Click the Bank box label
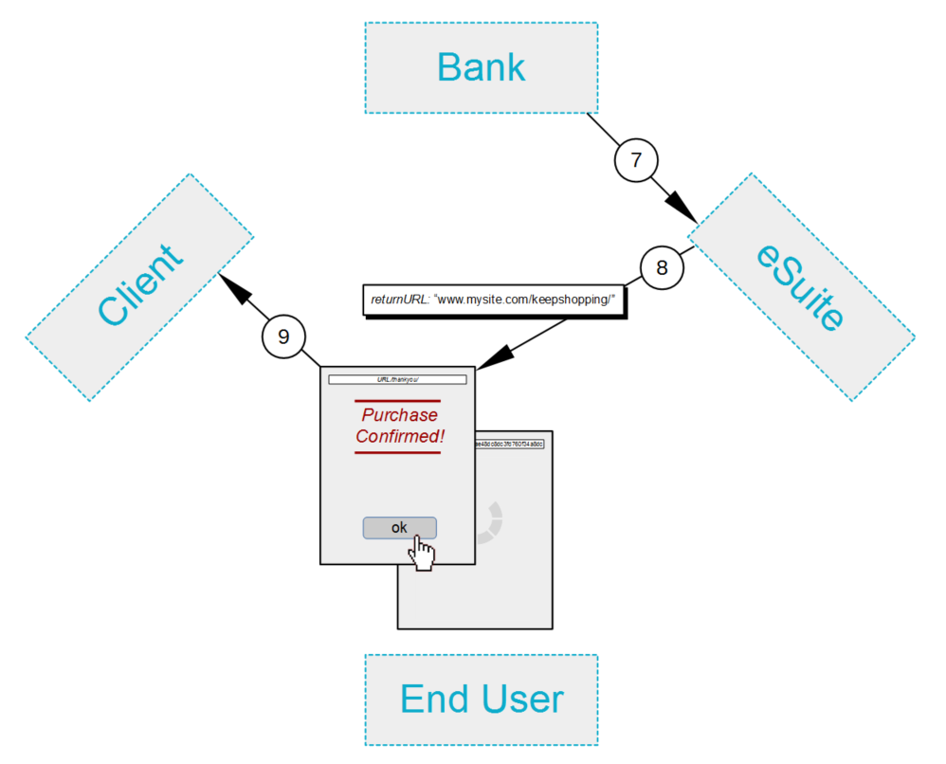click(x=481, y=68)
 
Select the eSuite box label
click(x=801, y=286)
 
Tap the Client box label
click(x=139, y=286)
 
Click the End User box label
click(x=481, y=700)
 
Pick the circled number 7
click(x=636, y=160)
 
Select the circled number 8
click(x=662, y=267)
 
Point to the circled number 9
click(x=283, y=337)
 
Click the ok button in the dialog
click(x=399, y=528)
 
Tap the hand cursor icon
click(x=423, y=554)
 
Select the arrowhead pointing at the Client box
click(x=233, y=288)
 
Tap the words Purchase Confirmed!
click(x=399, y=426)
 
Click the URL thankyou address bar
click(x=397, y=379)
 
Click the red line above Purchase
click(x=397, y=401)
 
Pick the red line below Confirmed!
click(x=397, y=452)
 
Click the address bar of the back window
click(x=509, y=443)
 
